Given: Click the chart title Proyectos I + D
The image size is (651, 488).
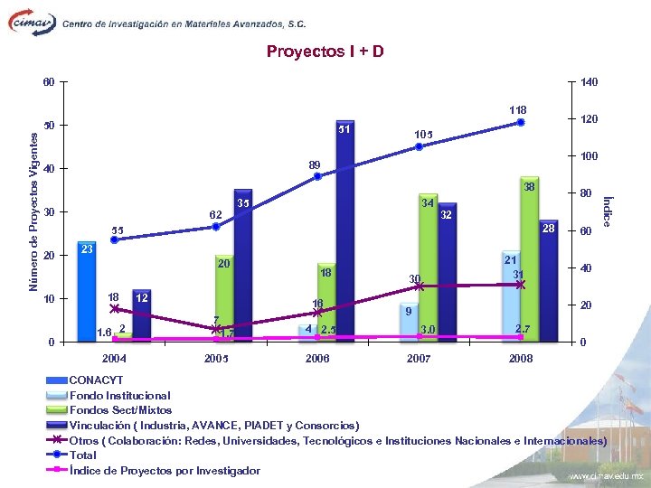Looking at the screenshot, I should (325, 52).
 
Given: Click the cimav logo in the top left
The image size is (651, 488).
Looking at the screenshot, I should (32, 24).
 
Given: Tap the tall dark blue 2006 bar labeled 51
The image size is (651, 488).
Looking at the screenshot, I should (344, 235).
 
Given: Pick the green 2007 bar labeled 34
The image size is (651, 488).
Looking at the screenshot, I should (427, 271).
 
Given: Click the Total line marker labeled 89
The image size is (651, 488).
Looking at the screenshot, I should (317, 176).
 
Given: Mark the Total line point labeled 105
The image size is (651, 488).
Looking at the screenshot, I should (419, 146).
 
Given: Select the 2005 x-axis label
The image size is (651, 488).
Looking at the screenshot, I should (216, 359).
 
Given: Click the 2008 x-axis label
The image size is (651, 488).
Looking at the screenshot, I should (521, 359).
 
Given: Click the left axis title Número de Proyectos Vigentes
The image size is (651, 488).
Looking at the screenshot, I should (33, 211).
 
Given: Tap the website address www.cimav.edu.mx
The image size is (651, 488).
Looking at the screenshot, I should (605, 475).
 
